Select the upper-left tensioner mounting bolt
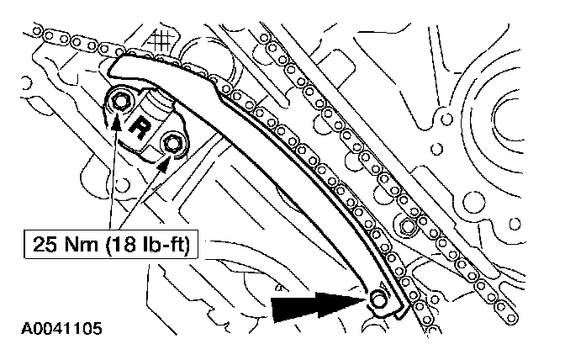(x=122, y=103)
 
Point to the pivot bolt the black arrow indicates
(x=380, y=300)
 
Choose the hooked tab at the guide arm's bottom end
(x=395, y=313)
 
